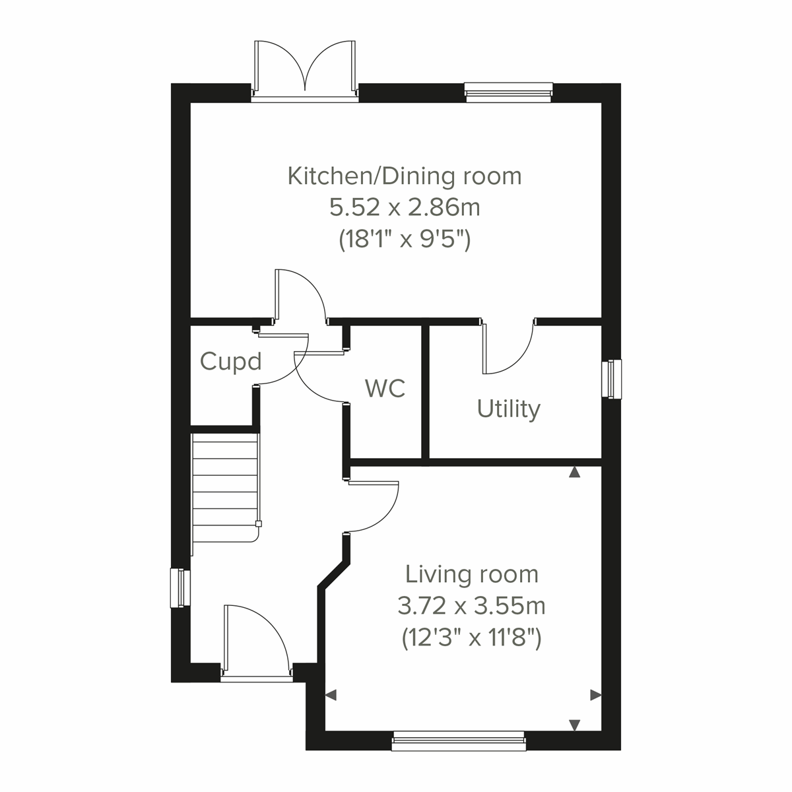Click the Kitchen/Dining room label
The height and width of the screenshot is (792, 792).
pos(405,176)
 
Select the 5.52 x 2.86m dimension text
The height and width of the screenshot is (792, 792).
pos(405,208)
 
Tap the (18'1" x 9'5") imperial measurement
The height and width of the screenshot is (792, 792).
pos(405,239)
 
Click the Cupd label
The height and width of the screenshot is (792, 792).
pos(230,362)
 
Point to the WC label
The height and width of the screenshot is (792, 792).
pos(385,389)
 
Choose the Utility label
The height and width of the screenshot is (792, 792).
pos(508,409)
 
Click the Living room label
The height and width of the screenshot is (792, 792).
pos(471,574)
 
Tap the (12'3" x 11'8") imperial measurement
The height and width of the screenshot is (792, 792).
pos(471,637)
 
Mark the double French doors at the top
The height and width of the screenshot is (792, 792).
pos(305,70)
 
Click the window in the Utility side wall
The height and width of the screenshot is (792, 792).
pos(614,379)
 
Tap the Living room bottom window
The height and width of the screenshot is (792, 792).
pos(459,741)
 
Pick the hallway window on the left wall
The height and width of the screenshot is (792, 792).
pos(179,588)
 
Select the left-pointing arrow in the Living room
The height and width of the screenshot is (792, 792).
pos(331,694)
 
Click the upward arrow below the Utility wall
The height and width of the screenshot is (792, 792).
pos(575,472)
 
